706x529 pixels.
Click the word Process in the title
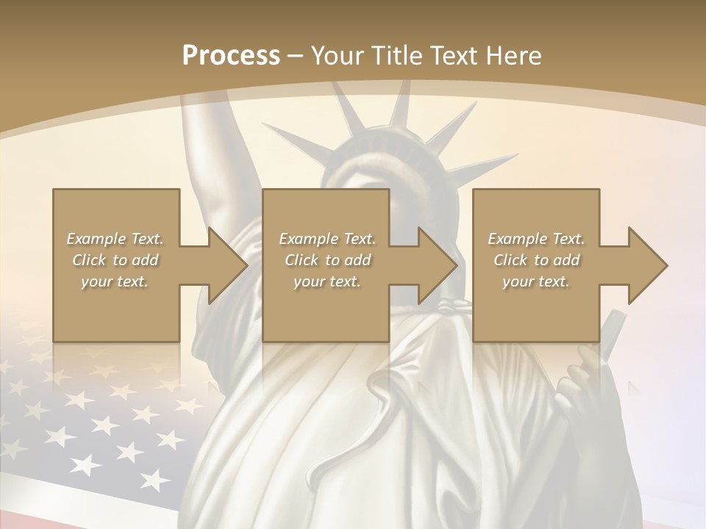click(231, 55)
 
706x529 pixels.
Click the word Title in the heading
click(394, 55)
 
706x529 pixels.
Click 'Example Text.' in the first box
click(115, 239)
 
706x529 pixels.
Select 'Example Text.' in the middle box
click(327, 239)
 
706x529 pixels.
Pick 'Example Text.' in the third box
click(536, 239)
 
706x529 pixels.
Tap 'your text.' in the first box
click(115, 281)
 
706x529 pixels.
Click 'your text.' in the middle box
click(327, 281)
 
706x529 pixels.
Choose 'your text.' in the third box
click(536, 281)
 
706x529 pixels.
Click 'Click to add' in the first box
click(115, 260)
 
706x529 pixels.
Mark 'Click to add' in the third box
click(536, 260)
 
